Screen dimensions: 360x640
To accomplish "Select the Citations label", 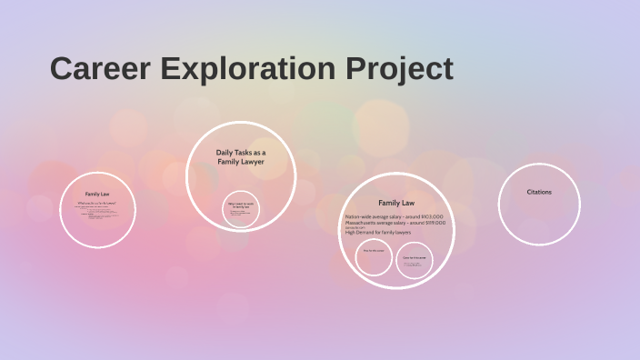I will tap(539, 192).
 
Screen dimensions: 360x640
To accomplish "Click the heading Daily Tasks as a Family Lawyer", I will tap(241, 157).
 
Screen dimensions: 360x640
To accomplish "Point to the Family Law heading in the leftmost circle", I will tap(97, 194).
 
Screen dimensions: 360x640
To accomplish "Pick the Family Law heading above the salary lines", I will tap(396, 203).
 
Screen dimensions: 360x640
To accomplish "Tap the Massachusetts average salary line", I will tap(395, 223).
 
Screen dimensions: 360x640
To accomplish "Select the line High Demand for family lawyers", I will tap(378, 233).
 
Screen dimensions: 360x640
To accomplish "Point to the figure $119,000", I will tap(433, 223).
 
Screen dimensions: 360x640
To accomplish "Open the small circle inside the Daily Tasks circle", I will tap(241, 209).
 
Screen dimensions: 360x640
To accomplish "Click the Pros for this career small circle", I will tap(374, 257).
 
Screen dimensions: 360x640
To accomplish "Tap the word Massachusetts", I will tap(363, 223).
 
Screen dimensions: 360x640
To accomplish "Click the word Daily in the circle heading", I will tap(225, 153).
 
